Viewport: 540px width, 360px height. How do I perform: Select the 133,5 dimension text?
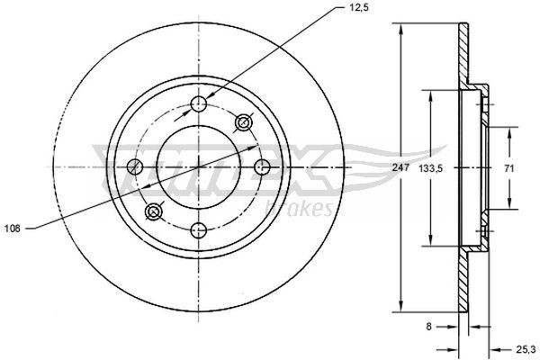(435, 168)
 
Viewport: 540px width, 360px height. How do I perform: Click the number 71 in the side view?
(508, 168)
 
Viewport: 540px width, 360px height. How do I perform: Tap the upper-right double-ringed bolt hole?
(241, 121)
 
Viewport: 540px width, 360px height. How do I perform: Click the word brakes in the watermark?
(301, 208)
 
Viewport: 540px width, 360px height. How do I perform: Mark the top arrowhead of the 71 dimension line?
(509, 130)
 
